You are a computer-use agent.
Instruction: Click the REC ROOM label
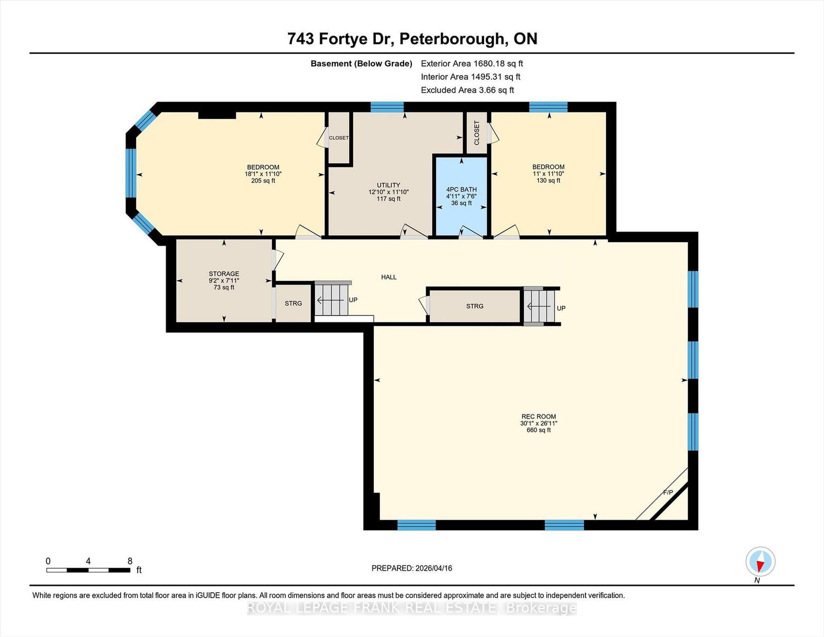click(539, 416)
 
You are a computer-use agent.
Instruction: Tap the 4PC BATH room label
click(461, 190)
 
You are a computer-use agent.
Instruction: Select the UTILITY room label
click(388, 185)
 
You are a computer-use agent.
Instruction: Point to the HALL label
click(389, 277)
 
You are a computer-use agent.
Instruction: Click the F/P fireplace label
click(668, 492)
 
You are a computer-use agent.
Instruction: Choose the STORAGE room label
click(224, 274)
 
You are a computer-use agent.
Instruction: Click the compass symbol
click(760, 561)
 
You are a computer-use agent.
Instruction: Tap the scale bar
click(89, 570)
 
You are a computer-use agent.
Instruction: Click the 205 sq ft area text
click(263, 181)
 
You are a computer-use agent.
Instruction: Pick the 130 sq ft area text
click(548, 180)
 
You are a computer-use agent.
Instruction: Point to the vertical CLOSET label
click(477, 133)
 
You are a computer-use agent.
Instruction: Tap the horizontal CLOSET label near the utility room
click(339, 138)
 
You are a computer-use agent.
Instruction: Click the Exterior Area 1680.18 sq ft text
click(472, 64)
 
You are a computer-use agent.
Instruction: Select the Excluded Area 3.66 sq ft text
click(468, 90)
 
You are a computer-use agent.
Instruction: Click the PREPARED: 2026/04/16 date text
click(412, 569)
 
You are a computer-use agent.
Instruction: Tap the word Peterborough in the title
click(454, 39)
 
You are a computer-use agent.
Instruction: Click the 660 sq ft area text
click(539, 430)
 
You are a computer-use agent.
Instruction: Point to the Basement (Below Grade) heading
click(362, 64)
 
